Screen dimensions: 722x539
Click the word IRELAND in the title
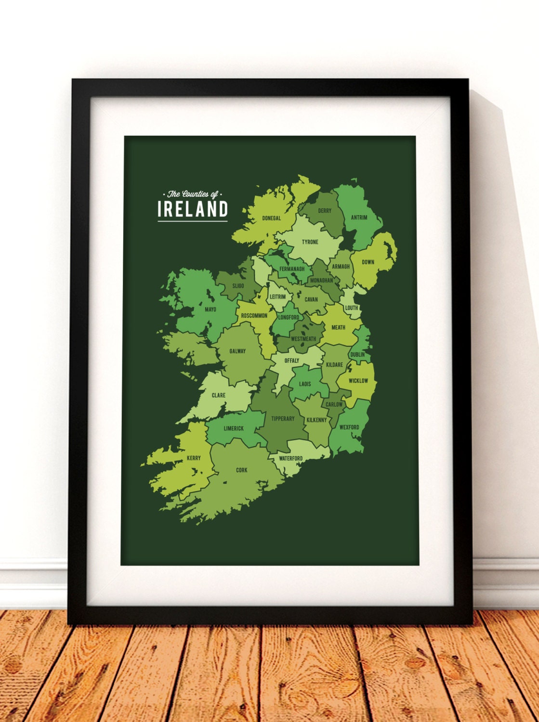193,209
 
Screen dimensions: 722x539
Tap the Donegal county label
271,219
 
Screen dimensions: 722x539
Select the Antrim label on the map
359,218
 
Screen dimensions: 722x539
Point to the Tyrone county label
310,242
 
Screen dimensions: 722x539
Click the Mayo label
210,309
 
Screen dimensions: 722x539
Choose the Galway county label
237,351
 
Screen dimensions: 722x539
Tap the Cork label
241,470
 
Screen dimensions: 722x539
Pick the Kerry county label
194,458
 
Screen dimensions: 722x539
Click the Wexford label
349,427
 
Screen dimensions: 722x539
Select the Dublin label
357,355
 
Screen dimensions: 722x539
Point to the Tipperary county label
283,419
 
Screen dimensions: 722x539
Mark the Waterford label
291,459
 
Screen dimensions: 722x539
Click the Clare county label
219,396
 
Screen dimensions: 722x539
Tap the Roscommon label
254,316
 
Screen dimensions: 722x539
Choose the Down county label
368,262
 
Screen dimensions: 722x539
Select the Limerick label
234,428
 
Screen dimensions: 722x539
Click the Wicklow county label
358,381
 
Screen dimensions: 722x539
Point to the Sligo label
238,286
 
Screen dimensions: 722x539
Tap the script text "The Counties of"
193,194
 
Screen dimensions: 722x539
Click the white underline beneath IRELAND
193,221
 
